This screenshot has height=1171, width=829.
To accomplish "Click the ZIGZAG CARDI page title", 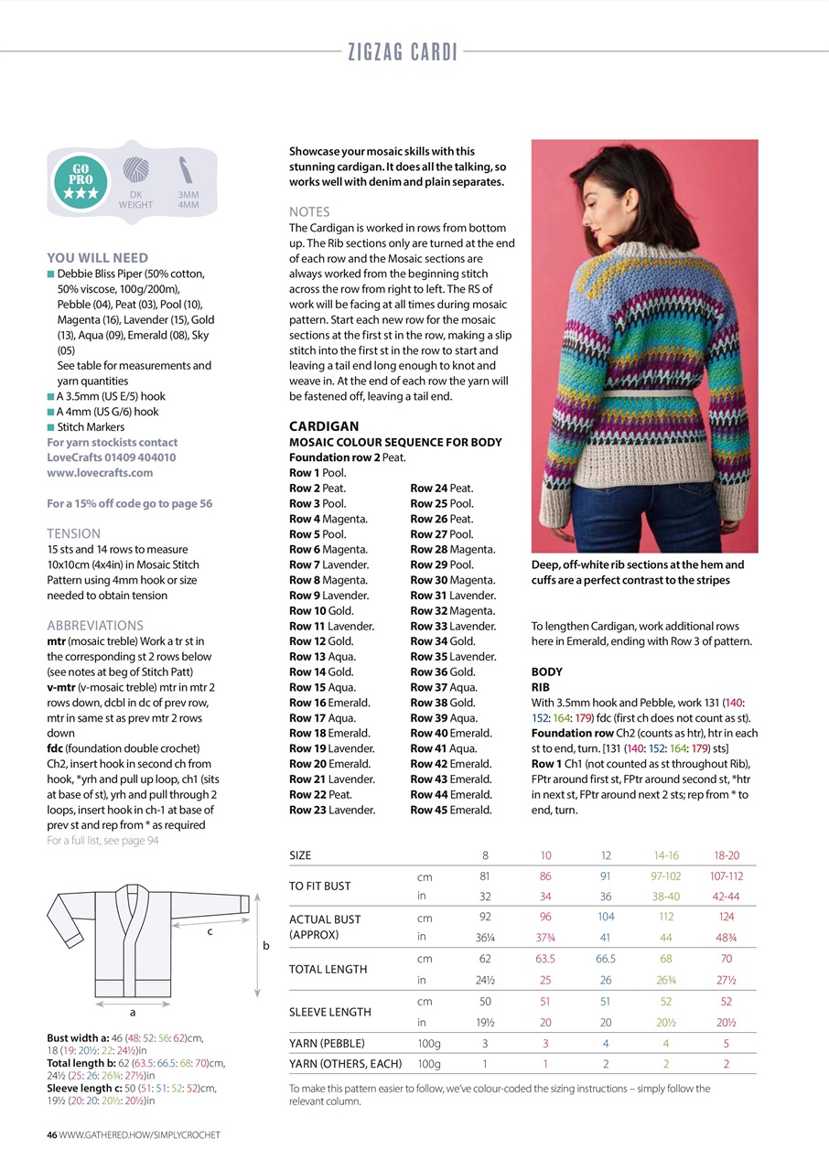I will point(402,52).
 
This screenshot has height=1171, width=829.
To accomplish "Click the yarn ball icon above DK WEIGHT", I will point(135,172).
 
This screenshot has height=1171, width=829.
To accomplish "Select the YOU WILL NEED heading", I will point(97,258).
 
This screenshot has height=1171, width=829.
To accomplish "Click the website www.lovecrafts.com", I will point(100,473).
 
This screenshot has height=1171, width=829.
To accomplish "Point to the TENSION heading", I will point(74,533).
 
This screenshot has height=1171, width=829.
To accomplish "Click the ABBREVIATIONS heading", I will point(95,626).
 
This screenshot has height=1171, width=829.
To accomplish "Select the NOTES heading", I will point(309,211).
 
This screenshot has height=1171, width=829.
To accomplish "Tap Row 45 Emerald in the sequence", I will point(450,810).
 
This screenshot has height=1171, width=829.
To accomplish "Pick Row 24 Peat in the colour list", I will point(441,489).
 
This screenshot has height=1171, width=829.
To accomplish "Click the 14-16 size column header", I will point(665,855).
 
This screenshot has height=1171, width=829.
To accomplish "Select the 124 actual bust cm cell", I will point(726,916).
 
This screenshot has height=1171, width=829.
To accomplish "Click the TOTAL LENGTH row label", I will point(328,969).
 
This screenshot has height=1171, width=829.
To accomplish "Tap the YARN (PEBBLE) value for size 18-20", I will point(726,1043).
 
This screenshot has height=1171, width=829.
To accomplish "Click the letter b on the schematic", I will point(266,946).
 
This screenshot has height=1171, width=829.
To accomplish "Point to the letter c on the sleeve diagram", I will point(211,931).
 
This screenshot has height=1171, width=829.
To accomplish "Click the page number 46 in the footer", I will point(52,1134).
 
